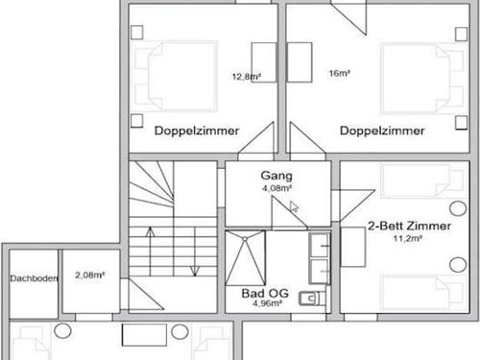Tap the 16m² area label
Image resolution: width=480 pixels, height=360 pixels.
pyautogui.click(x=338, y=74)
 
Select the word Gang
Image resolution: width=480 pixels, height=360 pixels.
pyautogui.click(x=276, y=177)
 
